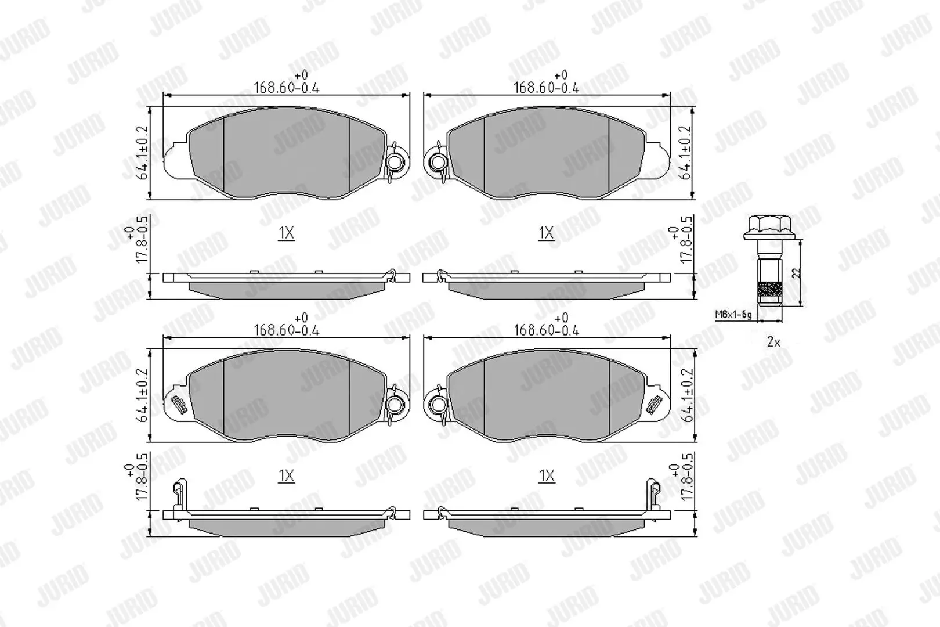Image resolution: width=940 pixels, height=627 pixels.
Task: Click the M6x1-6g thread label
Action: point(733,314)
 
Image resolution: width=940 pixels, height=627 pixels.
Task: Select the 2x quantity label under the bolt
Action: point(773,343)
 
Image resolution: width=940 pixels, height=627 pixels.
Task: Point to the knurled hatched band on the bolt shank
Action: point(769,289)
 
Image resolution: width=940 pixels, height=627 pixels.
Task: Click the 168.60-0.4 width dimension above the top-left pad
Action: point(287,88)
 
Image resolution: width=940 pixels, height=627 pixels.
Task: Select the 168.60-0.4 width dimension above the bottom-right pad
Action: point(547,330)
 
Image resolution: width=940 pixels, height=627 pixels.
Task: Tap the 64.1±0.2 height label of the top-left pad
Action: point(143,153)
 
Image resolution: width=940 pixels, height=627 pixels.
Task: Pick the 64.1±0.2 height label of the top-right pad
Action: point(686,153)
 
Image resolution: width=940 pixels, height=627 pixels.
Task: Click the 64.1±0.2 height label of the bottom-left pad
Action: point(143,395)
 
